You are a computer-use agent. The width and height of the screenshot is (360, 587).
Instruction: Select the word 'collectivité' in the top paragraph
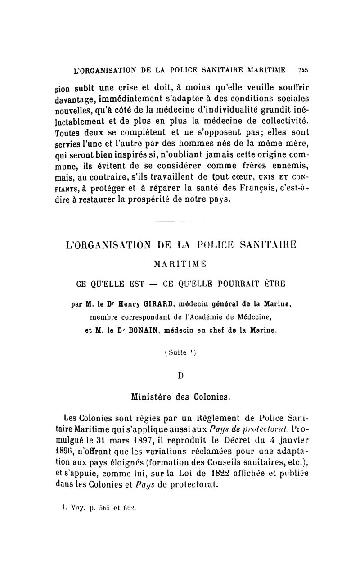pyautogui.click(x=279, y=122)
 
